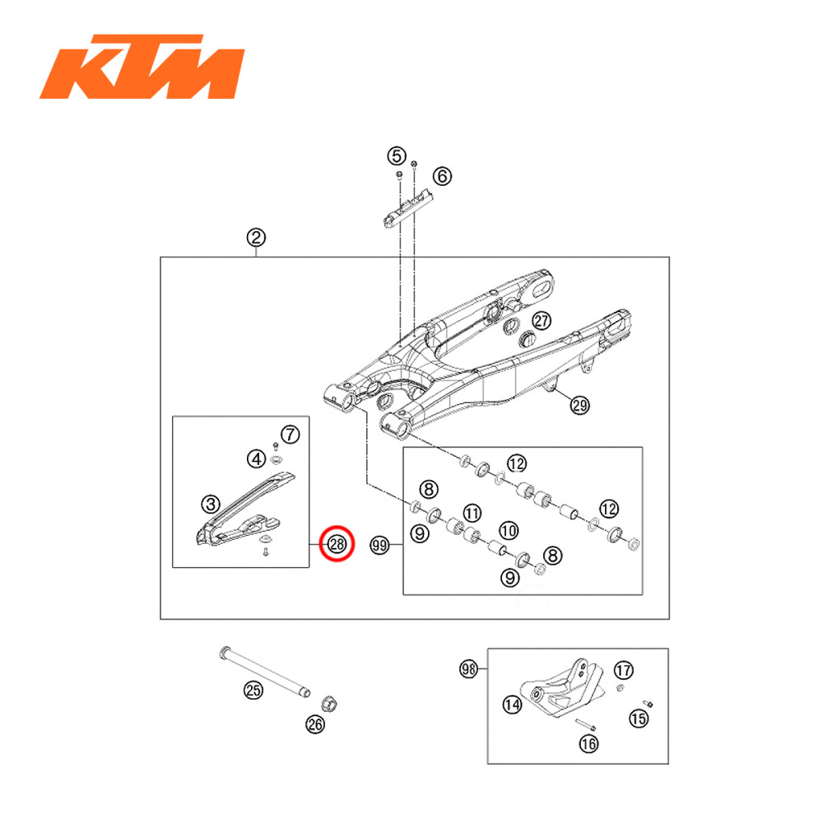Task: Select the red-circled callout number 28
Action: pos(337,544)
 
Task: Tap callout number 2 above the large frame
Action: pos(257,238)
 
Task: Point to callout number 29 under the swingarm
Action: pos(580,404)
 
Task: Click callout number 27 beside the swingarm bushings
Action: pos(540,321)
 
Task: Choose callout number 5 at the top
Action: pos(397,155)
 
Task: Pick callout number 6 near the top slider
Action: pos(442,175)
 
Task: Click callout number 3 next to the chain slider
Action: pos(211,502)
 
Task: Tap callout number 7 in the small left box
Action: pos(288,433)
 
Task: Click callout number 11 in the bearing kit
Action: pos(472,514)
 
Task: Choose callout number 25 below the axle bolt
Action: pos(254,690)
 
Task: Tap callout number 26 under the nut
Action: pos(315,724)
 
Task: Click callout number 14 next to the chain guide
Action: pos(513,704)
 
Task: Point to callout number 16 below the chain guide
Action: pos(589,743)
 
